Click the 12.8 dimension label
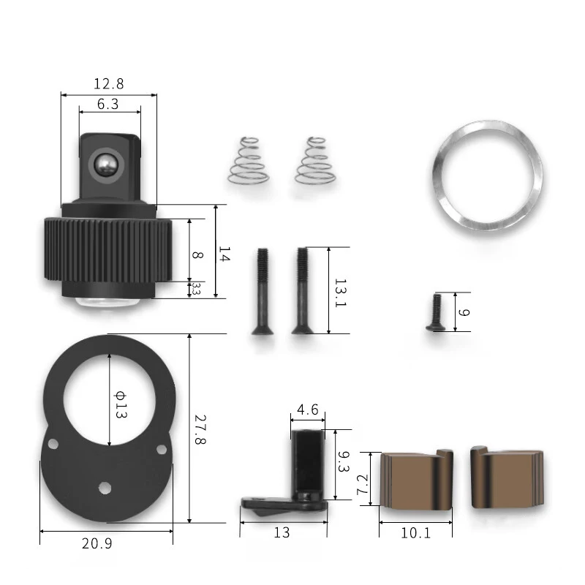click(x=108, y=84)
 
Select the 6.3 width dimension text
click(x=107, y=104)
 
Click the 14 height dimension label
click(x=224, y=254)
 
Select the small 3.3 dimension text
click(x=196, y=288)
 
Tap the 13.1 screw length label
click(x=340, y=293)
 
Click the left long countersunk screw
click(x=263, y=291)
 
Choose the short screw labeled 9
click(x=436, y=312)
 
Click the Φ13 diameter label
click(x=120, y=404)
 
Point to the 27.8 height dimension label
click(x=200, y=429)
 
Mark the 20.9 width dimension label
click(x=97, y=543)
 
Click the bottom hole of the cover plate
click(x=105, y=487)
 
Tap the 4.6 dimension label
click(x=308, y=409)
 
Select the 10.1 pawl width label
click(x=415, y=533)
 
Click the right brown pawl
click(x=507, y=478)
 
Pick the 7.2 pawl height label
click(x=363, y=485)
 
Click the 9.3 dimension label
click(x=344, y=461)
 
